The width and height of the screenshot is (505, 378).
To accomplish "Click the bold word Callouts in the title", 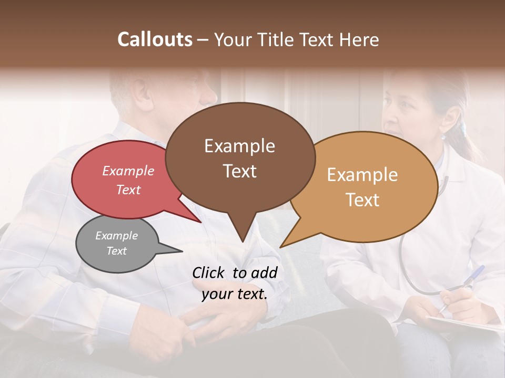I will click(155, 39).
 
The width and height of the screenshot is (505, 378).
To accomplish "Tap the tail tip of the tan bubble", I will click(281, 246).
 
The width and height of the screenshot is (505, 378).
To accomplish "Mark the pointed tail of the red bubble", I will click(200, 222).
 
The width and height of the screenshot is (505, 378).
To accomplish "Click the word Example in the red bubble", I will click(128, 171).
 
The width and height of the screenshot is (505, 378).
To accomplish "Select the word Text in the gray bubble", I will click(116, 251).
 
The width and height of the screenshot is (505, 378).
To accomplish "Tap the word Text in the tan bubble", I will click(362, 200).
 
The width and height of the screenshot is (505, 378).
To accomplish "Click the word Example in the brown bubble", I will click(239, 146).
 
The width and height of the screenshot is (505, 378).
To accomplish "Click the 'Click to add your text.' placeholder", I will click(234, 283).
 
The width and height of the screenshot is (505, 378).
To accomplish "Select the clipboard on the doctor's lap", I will click(463, 325).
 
